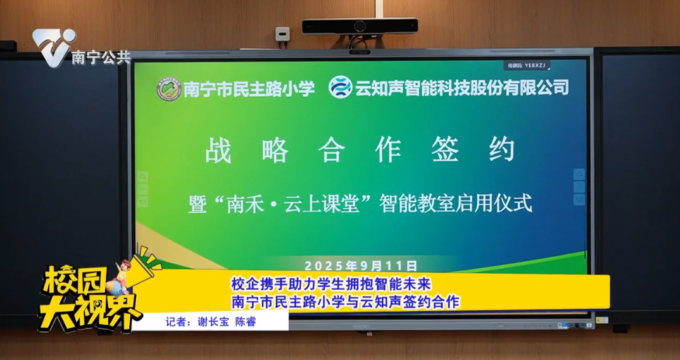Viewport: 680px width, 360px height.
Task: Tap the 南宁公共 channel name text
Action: coord(101,58)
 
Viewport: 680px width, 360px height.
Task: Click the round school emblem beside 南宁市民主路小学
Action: coord(168,88)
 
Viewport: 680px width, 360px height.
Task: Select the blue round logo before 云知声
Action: coord(340,87)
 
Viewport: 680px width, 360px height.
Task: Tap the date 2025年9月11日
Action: coord(360,265)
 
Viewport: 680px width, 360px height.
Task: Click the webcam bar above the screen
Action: coord(360,26)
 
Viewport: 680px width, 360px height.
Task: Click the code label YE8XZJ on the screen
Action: coord(527,65)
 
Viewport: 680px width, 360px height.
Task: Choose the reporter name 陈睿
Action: coord(246,321)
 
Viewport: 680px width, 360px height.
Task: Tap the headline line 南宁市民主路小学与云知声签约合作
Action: coord(344,301)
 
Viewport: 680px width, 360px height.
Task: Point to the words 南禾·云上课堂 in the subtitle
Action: coord(293,204)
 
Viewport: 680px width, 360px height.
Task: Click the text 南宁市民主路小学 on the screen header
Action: coord(249,88)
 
